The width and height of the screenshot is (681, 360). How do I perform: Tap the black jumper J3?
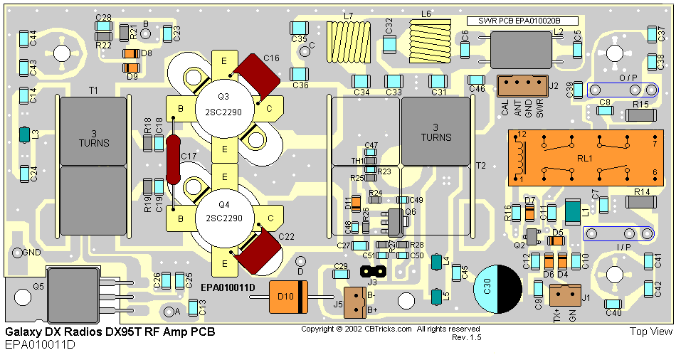(372, 271)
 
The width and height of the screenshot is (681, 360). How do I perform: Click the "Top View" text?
(650, 332)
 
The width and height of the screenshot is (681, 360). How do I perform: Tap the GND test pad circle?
(16, 252)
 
